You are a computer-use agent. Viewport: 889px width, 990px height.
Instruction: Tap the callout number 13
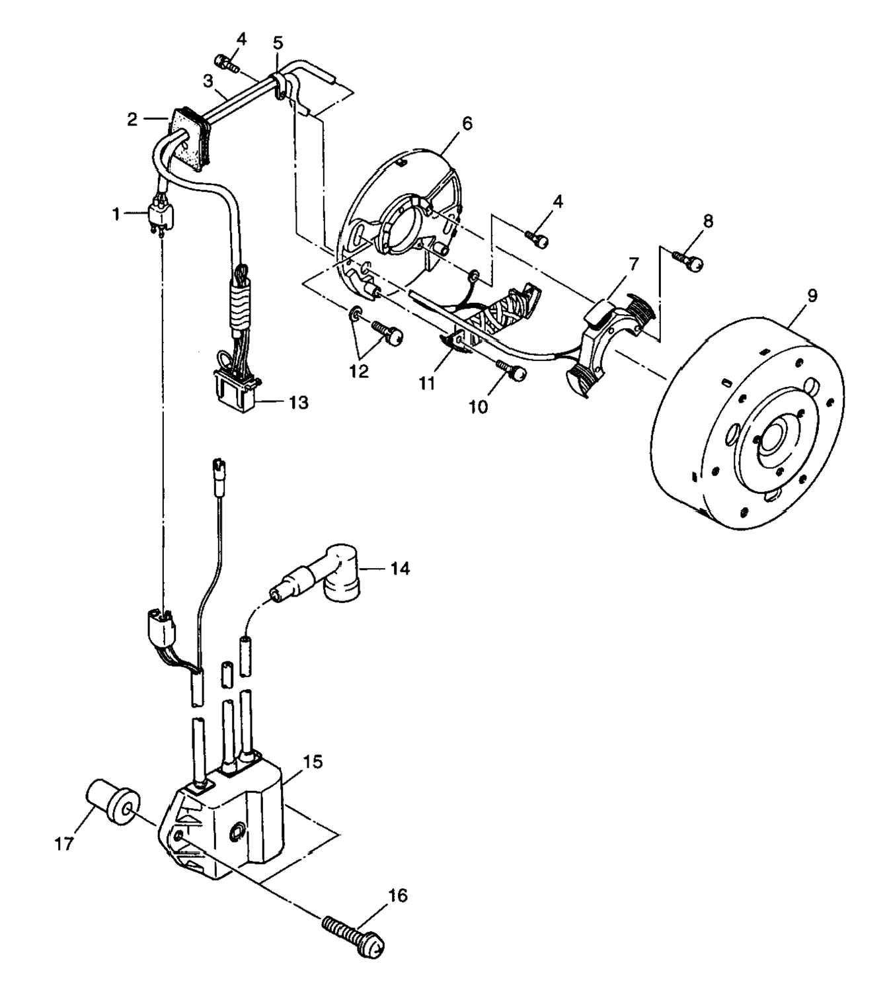[299, 402]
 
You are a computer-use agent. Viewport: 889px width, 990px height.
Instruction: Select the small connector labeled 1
[160, 216]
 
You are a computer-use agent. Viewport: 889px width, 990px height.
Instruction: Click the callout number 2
[132, 120]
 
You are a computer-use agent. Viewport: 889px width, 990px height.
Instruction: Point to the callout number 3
[208, 81]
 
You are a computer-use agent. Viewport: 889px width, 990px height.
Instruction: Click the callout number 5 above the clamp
[278, 43]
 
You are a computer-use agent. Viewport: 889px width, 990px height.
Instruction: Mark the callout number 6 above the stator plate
[467, 123]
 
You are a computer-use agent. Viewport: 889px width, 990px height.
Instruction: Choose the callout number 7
[633, 265]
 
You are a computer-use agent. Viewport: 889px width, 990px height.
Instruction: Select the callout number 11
[427, 383]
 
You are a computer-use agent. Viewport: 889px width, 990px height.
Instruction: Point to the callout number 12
[359, 372]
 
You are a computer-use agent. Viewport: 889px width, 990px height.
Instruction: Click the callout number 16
[397, 896]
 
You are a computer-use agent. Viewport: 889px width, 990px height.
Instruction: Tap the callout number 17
[64, 845]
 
